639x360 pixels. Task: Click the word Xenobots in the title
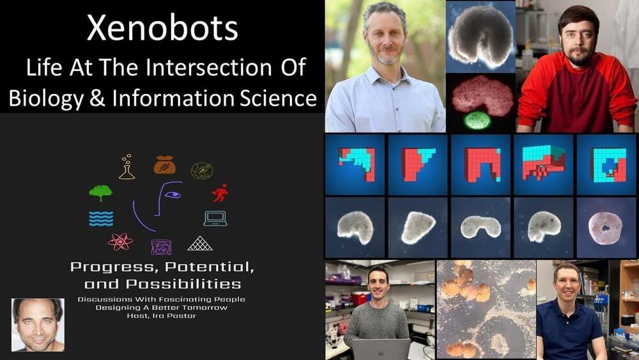(x=162, y=28)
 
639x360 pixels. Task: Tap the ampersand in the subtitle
(x=97, y=98)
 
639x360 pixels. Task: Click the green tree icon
(x=101, y=193)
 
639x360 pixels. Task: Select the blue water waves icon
(x=101, y=219)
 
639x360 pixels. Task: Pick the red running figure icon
(x=220, y=193)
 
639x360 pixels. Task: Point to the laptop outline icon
(x=215, y=219)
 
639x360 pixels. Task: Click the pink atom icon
(x=120, y=242)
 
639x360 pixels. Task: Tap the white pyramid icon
(x=200, y=244)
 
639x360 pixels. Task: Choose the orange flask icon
(x=127, y=167)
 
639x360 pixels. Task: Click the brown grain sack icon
(x=165, y=165)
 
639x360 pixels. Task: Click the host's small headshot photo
(x=38, y=325)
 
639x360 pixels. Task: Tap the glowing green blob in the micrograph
(x=477, y=120)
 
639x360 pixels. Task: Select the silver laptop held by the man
(x=381, y=349)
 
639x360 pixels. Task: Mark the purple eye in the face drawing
(x=173, y=194)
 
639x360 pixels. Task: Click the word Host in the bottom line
(x=135, y=316)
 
